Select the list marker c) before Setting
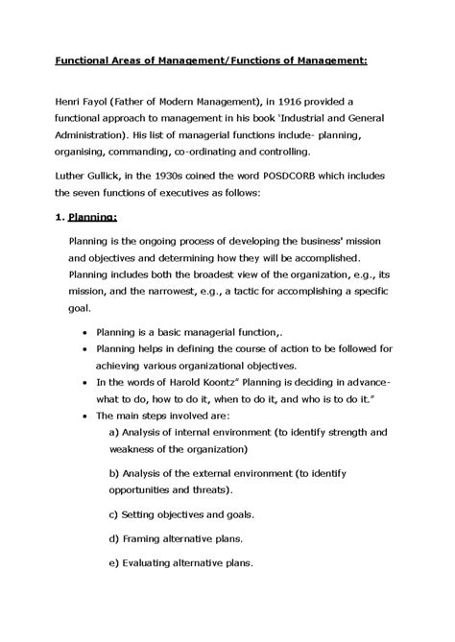[x=115, y=516]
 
